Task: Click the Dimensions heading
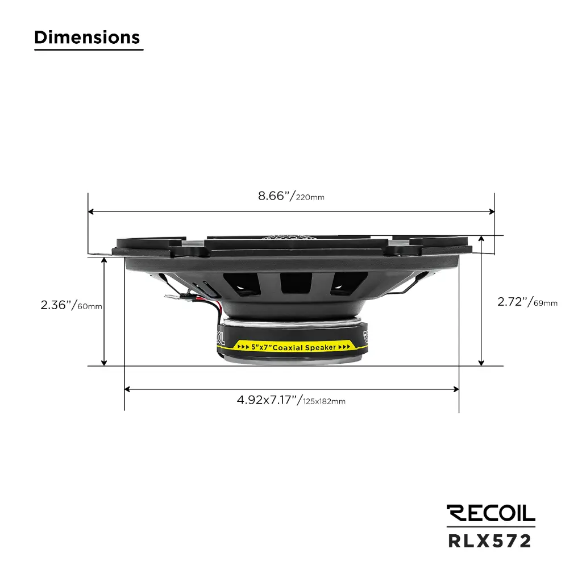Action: tap(87, 38)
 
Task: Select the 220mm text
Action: tap(310, 198)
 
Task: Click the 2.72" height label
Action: tap(514, 302)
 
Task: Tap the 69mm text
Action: tap(546, 304)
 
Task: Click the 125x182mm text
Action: tap(324, 401)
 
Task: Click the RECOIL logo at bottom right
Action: tap(490, 513)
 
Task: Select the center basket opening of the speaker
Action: tap(296, 282)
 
